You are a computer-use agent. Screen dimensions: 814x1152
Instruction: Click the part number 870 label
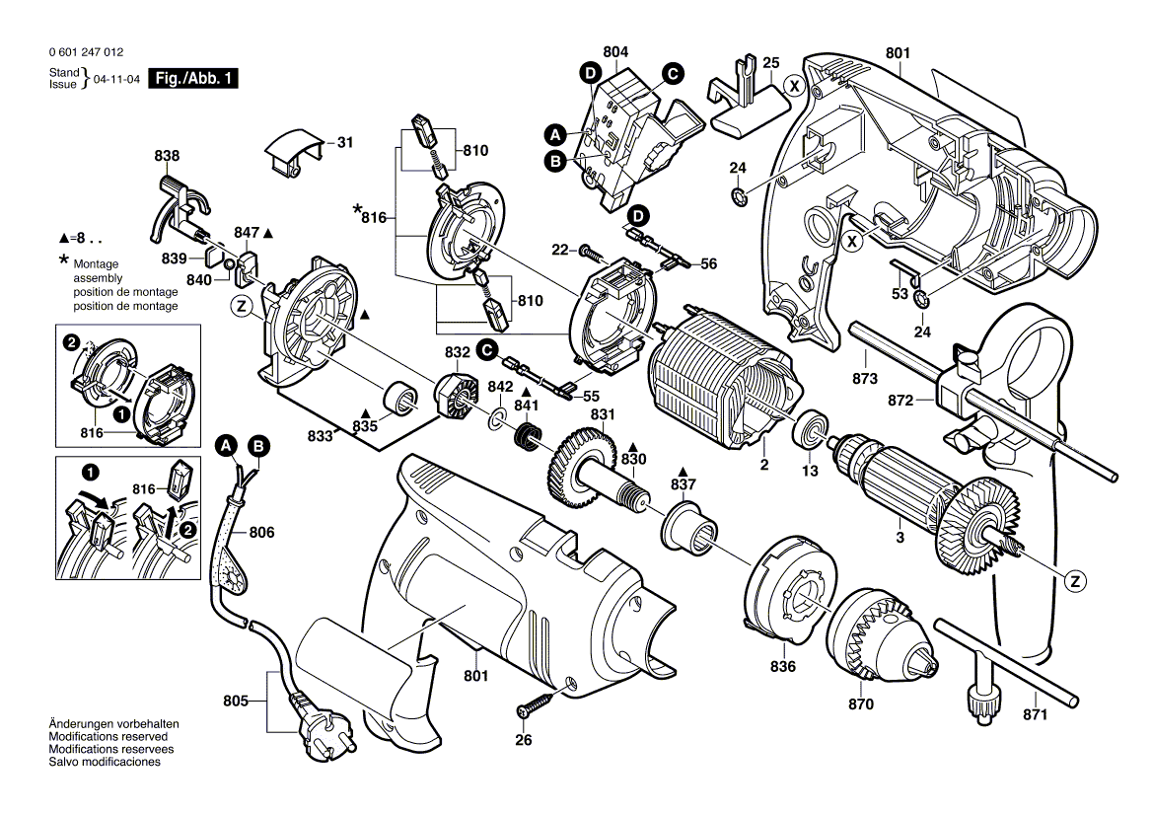[x=860, y=704]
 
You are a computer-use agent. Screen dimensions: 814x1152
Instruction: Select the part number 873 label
[x=865, y=379]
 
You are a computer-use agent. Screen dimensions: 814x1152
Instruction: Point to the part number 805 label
[x=235, y=703]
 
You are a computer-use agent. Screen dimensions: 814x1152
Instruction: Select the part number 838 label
[x=167, y=156]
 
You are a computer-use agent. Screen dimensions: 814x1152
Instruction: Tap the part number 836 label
[x=784, y=668]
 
